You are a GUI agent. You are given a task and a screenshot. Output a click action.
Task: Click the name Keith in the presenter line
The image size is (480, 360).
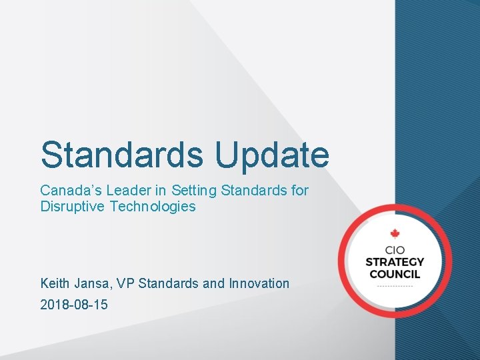coord(54,283)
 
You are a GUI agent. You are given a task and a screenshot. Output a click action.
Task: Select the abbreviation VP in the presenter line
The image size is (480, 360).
coord(125,283)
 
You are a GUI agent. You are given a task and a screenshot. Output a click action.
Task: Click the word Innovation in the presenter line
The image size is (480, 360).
coord(259,283)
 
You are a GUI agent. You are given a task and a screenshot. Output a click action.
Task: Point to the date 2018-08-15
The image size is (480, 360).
coord(74,305)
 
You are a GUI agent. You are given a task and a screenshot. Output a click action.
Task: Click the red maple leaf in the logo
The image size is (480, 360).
coord(394,233)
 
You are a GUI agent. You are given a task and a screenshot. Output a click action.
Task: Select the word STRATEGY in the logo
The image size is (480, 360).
coord(394,261)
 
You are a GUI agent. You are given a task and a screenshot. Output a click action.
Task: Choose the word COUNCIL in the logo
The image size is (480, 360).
coord(394,274)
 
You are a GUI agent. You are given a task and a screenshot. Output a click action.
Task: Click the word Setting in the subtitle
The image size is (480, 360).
coord(196,191)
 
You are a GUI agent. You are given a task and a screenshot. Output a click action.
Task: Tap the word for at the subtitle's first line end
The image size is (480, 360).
coord(299,191)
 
